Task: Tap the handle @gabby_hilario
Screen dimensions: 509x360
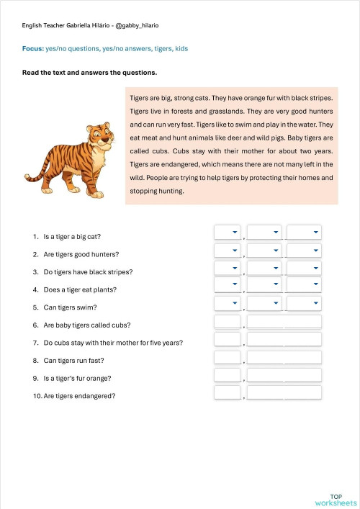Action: click(x=137, y=25)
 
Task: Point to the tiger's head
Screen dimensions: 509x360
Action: click(x=100, y=137)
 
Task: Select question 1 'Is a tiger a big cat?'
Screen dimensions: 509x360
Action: click(x=72, y=236)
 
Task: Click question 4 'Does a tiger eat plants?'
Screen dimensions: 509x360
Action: click(x=79, y=289)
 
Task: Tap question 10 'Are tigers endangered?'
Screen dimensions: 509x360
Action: click(x=79, y=396)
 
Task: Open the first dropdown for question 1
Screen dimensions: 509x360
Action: click(x=227, y=232)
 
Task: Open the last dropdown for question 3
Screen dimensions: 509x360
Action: click(x=304, y=268)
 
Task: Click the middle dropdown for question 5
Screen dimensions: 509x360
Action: click(x=264, y=303)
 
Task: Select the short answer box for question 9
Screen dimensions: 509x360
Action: click(x=228, y=374)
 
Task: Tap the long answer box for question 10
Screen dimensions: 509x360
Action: click(x=284, y=392)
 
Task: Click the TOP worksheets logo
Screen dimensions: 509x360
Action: click(x=336, y=500)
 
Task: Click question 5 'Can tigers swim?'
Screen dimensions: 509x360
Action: click(x=71, y=307)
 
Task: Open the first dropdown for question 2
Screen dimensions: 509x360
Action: click(x=227, y=250)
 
